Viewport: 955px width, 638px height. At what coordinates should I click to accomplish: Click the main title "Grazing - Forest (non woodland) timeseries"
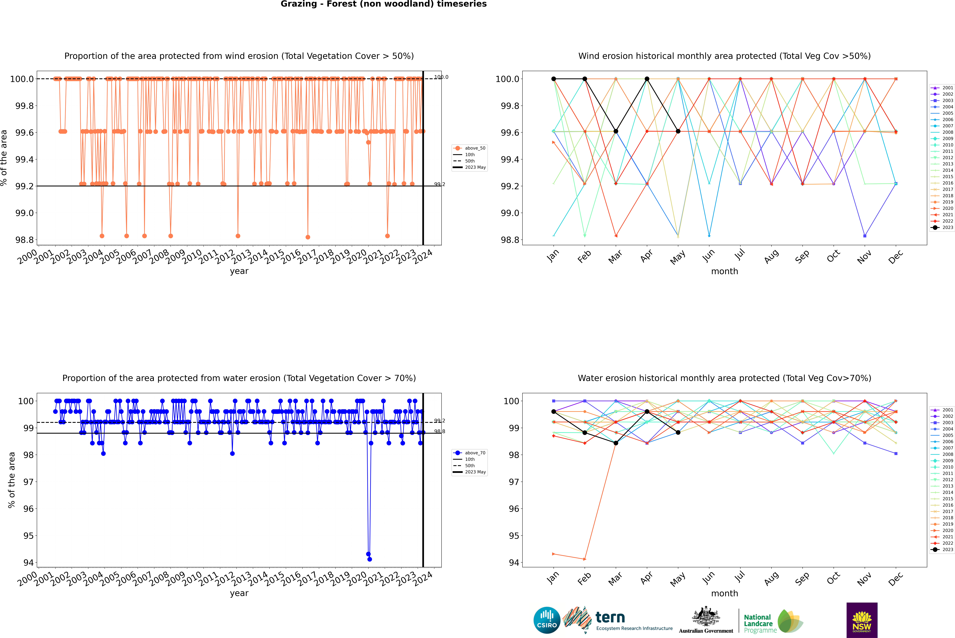tap(383, 4)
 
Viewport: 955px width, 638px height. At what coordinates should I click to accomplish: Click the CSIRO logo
tap(547, 620)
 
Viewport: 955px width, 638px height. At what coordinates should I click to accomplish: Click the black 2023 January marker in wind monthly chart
tap(554, 79)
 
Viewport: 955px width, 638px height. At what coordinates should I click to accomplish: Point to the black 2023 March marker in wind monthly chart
tap(616, 131)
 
